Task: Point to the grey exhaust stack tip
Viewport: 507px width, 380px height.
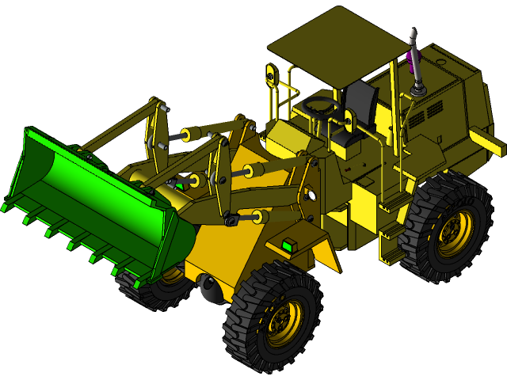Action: [413, 36]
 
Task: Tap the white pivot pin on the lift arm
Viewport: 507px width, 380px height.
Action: [311, 195]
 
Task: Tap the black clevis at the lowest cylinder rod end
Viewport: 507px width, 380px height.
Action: [231, 219]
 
